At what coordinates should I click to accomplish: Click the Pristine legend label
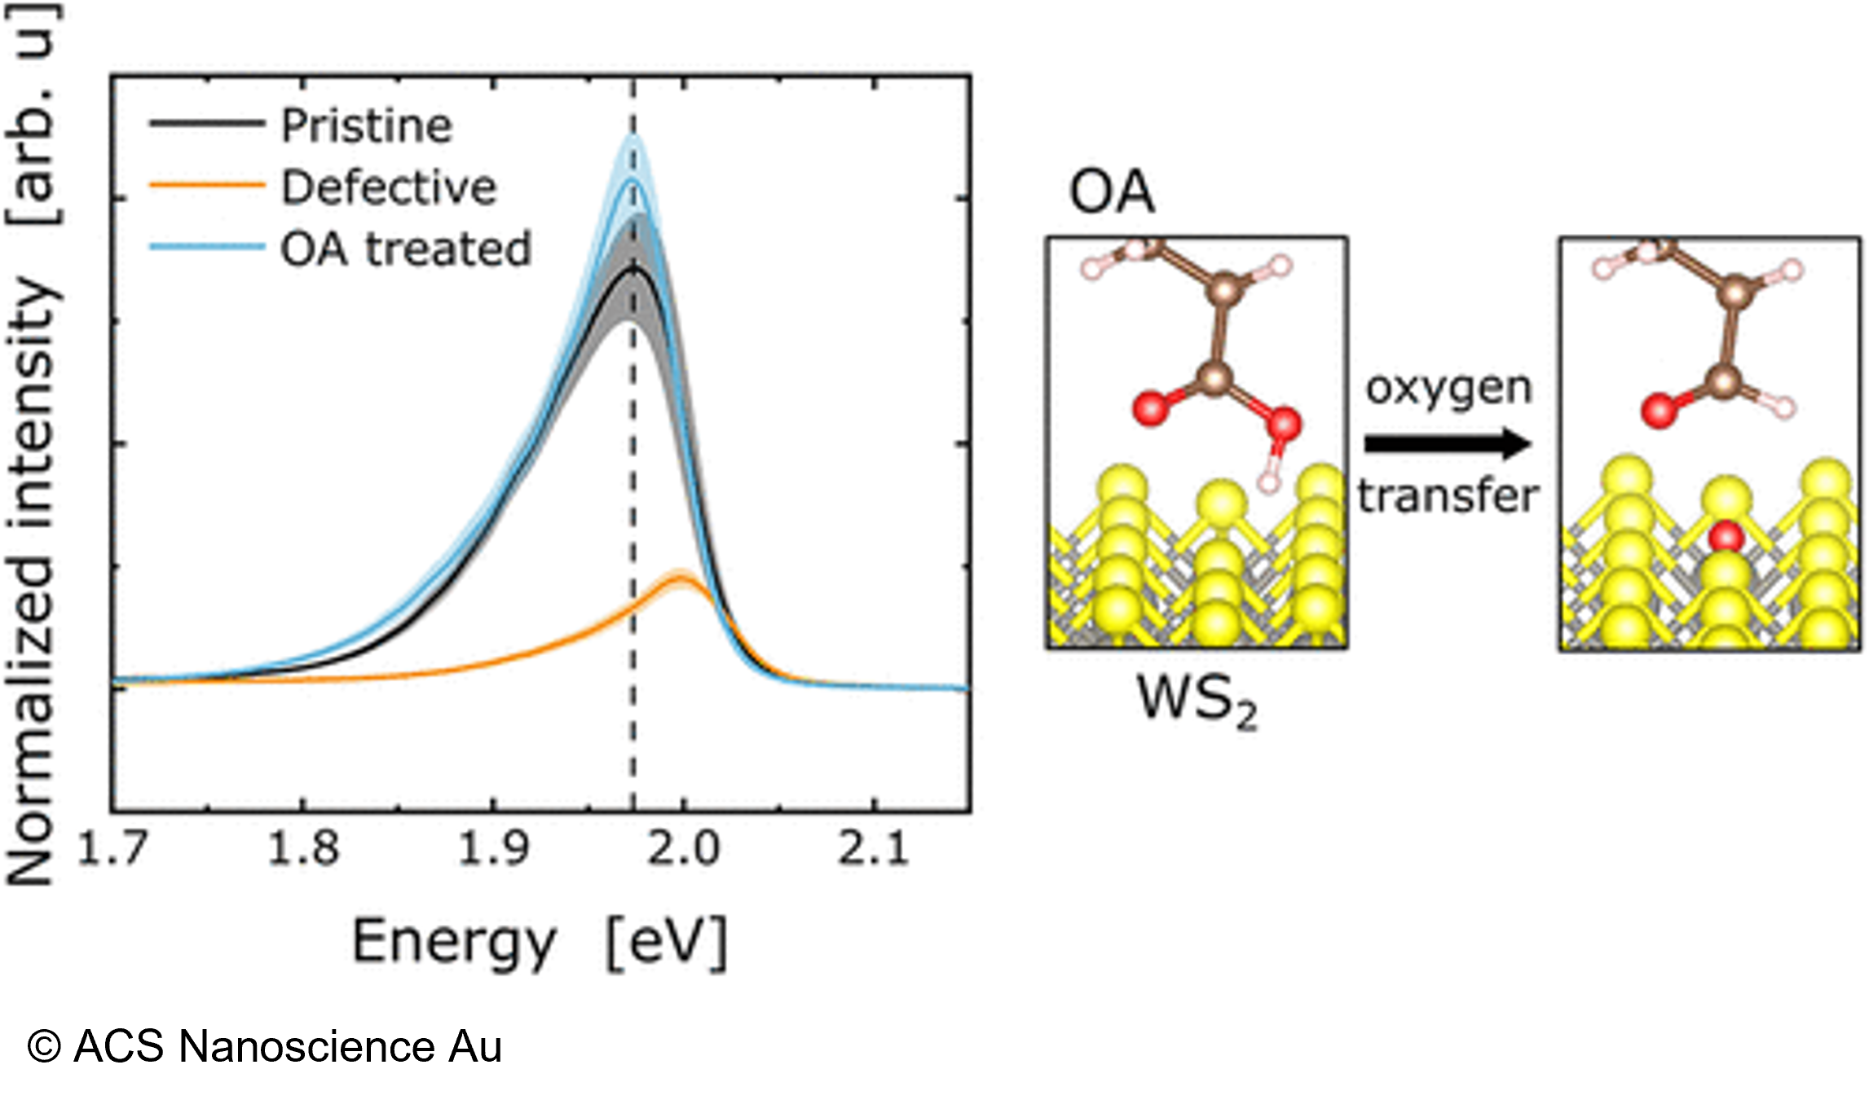366,126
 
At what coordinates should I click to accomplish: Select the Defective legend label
388,188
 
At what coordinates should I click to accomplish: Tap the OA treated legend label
406,249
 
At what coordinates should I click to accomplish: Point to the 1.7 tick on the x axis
112,848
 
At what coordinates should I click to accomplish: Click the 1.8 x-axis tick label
302,848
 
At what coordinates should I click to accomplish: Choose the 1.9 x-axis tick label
493,848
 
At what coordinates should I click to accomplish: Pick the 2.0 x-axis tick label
683,848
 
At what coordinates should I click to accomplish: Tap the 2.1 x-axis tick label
874,848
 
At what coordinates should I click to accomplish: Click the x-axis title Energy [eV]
539,942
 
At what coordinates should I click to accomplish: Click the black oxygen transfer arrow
1448,444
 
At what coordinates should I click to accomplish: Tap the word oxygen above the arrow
1448,389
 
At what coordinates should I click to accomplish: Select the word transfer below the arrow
1448,495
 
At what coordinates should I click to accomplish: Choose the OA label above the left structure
1111,194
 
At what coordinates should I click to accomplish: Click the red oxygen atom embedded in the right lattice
1726,538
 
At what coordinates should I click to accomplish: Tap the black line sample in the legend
207,124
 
